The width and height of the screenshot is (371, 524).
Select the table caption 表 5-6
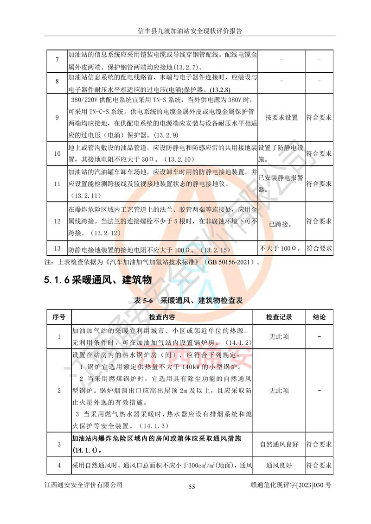[143, 300]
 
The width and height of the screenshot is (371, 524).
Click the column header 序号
[58, 317]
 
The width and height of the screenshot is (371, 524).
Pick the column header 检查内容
[162, 317]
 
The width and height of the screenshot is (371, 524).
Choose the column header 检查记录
[279, 317]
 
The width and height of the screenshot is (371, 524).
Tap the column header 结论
[319, 317]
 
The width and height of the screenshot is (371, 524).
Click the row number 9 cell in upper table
[57, 118]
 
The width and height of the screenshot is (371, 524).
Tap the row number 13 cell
[57, 248]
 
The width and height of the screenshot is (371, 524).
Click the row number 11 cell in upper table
[57, 184]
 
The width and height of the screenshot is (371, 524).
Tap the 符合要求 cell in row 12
[319, 221]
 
